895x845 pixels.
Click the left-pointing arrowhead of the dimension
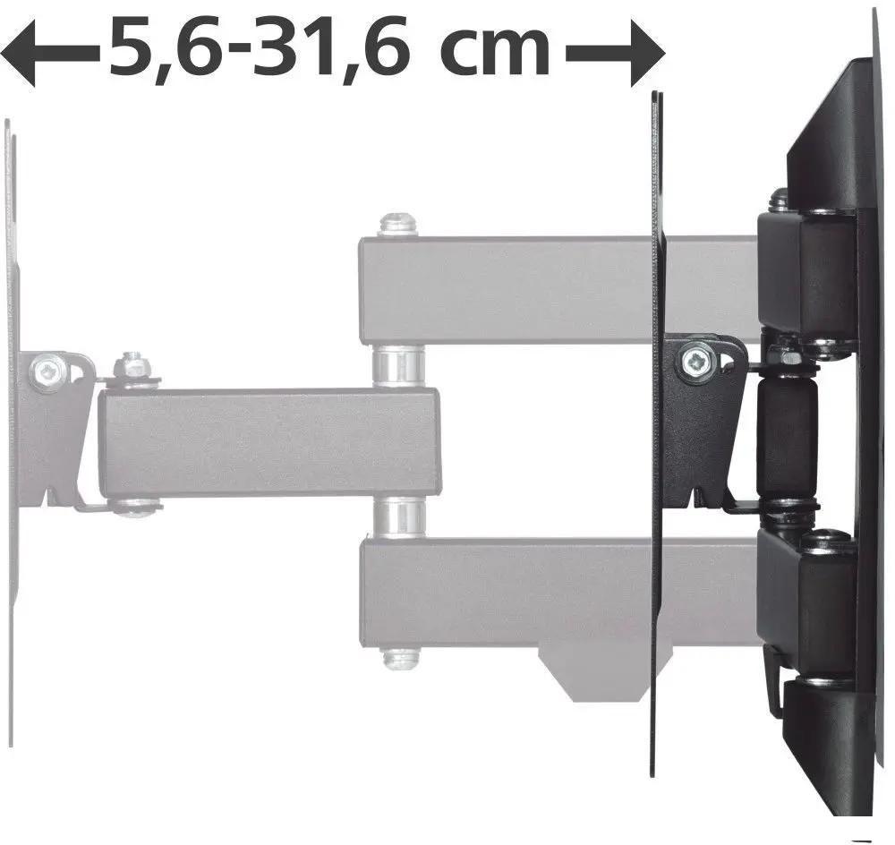coord(17,54)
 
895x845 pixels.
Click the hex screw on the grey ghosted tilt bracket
coord(47,371)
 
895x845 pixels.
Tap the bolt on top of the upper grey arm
coord(398,225)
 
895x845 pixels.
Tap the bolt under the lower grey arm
coord(401,657)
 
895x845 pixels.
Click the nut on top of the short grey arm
coord(131,367)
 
